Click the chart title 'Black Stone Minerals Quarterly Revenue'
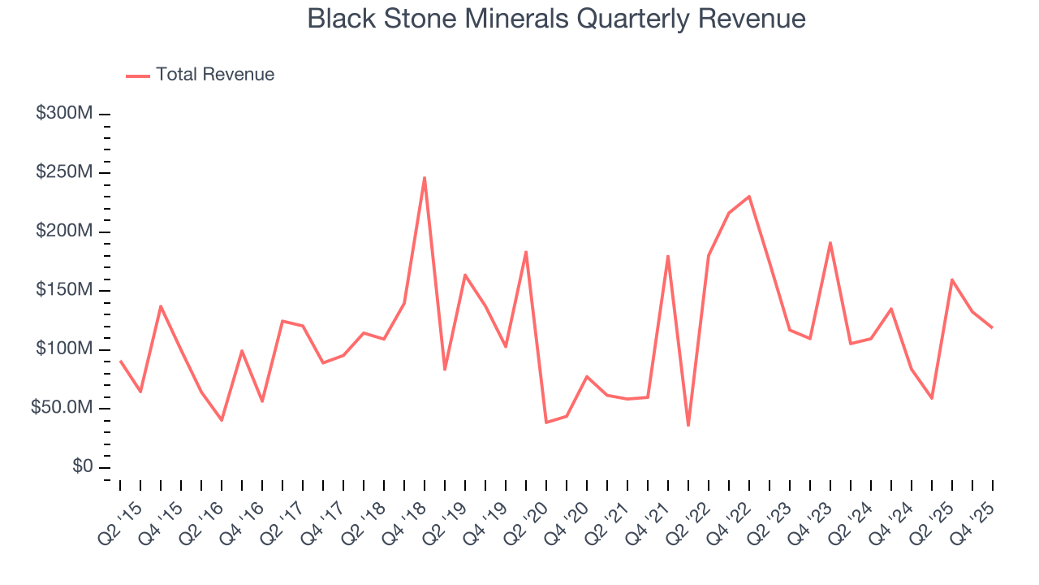tap(556, 19)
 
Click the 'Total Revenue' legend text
tap(215, 75)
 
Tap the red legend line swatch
tap(138, 76)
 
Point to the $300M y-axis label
tap(63, 114)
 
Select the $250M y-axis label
tap(63, 173)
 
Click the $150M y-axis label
tap(63, 291)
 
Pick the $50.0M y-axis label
tap(61, 408)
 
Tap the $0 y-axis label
tap(81, 467)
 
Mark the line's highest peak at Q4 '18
tap(425, 177)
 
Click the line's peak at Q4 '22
tap(749, 196)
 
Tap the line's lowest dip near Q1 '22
tap(688, 426)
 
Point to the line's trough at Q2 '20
tap(546, 422)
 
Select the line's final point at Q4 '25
tap(993, 327)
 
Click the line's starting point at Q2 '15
tap(120, 361)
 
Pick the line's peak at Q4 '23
tap(830, 242)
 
